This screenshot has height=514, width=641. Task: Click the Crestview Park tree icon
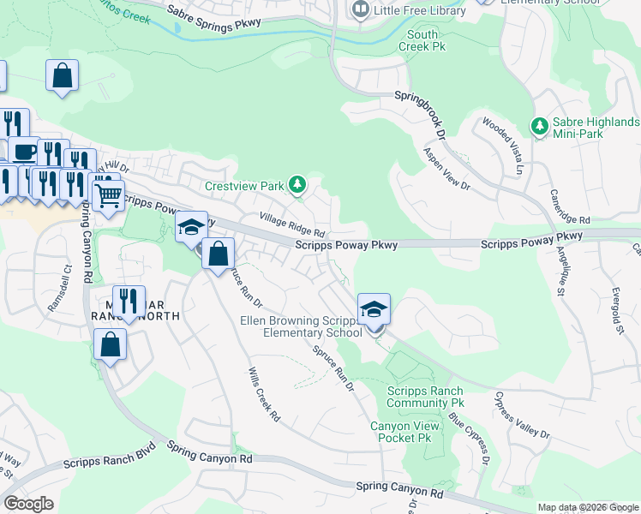pos(297,184)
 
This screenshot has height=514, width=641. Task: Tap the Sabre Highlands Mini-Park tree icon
pos(539,127)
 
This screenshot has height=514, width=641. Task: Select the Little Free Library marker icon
pos(360,10)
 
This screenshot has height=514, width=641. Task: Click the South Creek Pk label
pos(422,40)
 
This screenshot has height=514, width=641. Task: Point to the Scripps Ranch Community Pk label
pos(425,397)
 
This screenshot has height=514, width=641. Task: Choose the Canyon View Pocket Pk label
pos(400,432)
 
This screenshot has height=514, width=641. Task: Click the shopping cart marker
pos(107,197)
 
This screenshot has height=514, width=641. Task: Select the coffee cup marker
pos(23,152)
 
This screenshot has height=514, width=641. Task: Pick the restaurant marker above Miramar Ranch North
pos(129,302)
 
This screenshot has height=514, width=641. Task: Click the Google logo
pos(28,504)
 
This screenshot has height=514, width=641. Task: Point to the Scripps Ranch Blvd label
pos(109,456)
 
